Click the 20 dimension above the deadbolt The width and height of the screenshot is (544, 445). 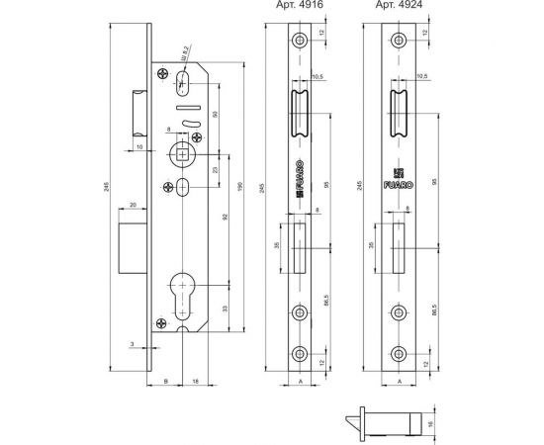pos(133,206)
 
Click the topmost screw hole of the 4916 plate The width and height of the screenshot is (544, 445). pos(299,41)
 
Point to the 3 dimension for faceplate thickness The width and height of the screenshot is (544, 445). pos(131,344)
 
